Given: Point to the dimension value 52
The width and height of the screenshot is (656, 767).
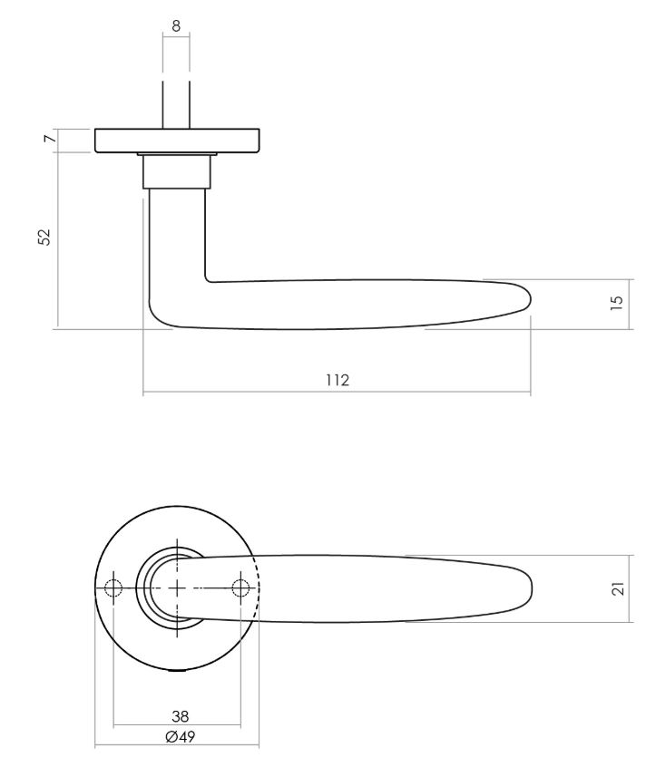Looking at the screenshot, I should (44, 238).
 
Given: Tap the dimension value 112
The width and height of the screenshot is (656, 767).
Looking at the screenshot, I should (338, 381).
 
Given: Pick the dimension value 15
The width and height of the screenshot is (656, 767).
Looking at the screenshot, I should (617, 301).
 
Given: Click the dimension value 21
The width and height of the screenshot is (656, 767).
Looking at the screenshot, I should (617, 588).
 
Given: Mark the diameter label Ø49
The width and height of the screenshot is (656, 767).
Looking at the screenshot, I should (181, 736).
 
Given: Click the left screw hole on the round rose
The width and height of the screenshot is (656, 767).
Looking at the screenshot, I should (113, 588).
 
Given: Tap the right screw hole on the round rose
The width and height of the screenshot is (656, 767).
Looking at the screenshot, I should (240, 588).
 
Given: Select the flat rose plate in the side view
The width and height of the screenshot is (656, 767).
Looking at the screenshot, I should (178, 141).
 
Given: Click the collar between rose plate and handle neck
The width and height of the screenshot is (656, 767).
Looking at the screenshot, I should (177, 170).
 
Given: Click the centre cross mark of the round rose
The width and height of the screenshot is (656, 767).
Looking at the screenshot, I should (176, 588).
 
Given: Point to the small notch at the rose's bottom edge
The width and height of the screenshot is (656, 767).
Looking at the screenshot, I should (177, 670).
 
